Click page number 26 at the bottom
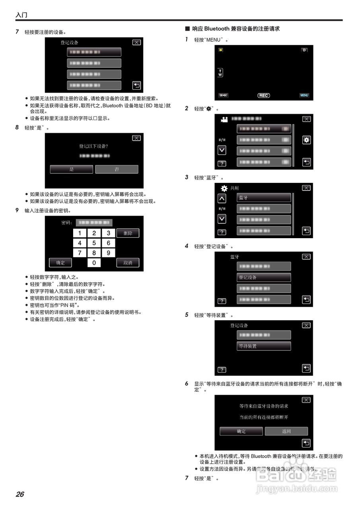click(x=20, y=494)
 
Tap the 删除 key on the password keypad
click(x=128, y=233)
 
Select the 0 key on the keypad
click(x=94, y=263)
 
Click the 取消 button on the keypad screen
click(x=128, y=263)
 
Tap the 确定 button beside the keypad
click(x=60, y=263)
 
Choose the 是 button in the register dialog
click(x=72, y=169)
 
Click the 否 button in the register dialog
click(x=117, y=169)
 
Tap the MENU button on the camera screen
click(x=304, y=95)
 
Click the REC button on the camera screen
click(x=263, y=95)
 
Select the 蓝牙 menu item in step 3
click(x=264, y=198)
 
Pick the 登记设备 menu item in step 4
click(x=264, y=277)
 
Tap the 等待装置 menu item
click(x=264, y=346)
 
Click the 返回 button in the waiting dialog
click(x=286, y=431)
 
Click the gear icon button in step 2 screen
click(x=306, y=140)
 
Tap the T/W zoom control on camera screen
click(x=220, y=72)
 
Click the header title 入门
click(x=21, y=15)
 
